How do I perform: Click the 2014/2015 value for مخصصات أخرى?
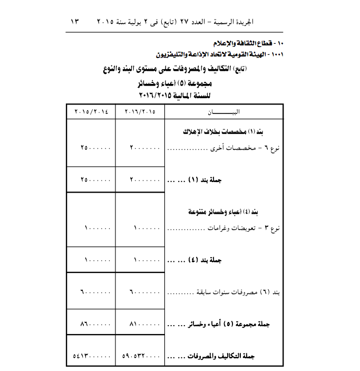(x=95, y=149)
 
